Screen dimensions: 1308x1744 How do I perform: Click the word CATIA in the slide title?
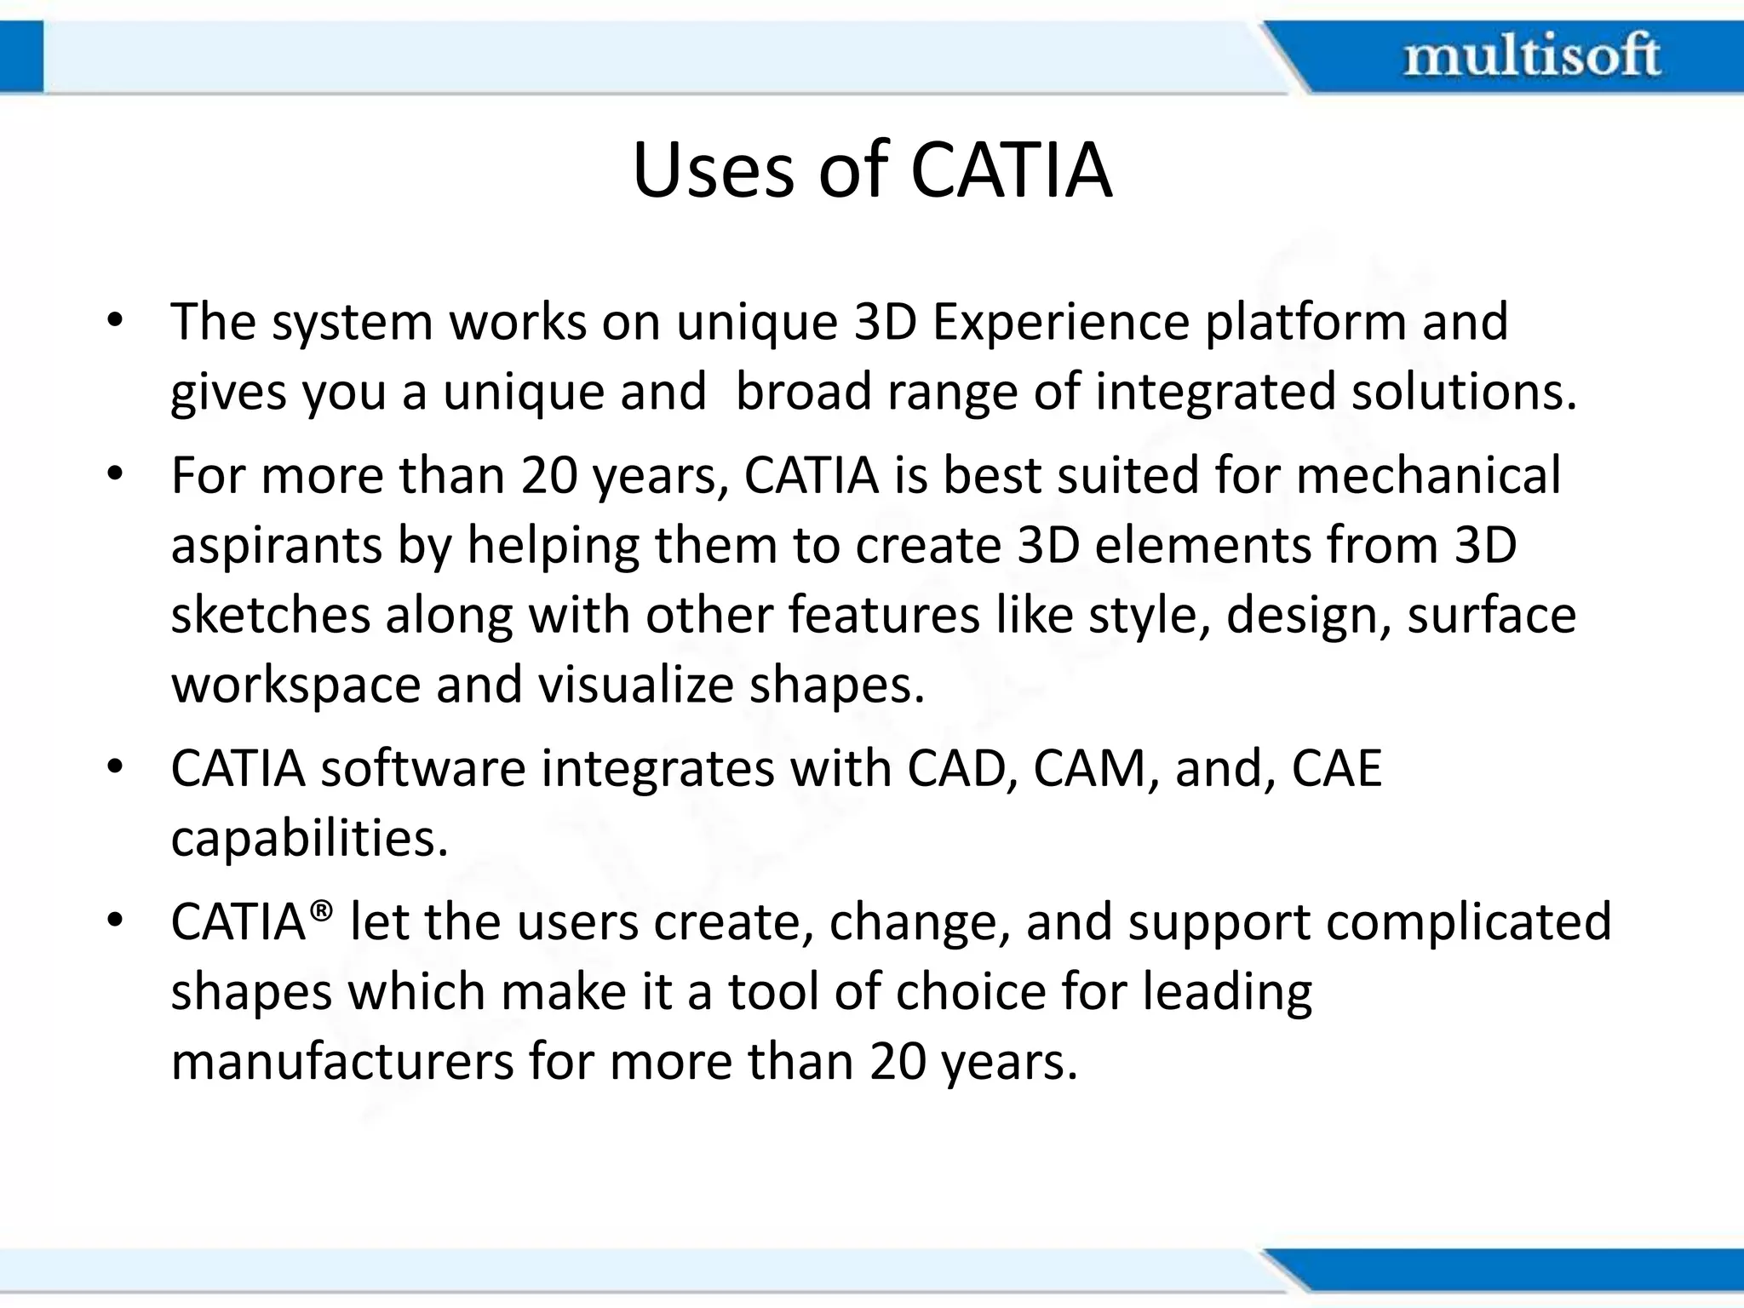[x=1011, y=170]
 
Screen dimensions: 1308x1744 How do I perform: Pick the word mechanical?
[x=1428, y=475]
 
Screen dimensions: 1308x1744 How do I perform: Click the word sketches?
[x=270, y=615]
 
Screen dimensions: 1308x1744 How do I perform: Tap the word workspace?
[x=295, y=686]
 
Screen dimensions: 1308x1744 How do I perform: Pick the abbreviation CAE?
[x=1336, y=768]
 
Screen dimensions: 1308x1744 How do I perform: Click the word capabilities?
[x=308, y=840]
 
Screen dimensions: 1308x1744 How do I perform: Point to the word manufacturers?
[x=342, y=1063]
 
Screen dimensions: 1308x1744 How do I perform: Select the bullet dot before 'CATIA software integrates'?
[x=116, y=768]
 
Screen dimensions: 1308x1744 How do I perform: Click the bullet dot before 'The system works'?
[x=116, y=322]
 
